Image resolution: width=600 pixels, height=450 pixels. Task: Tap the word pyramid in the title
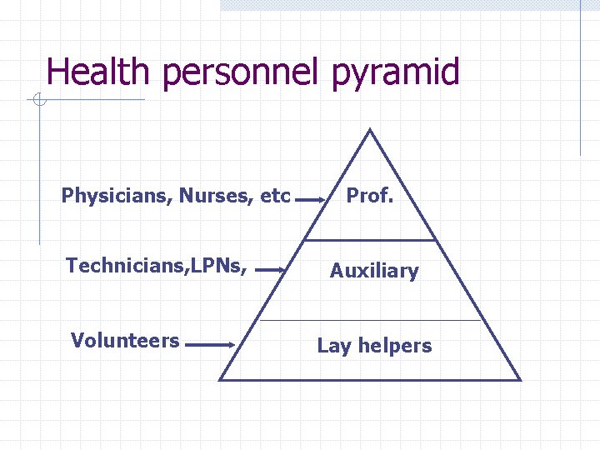[395, 73]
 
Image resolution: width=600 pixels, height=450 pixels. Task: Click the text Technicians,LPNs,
[156, 266]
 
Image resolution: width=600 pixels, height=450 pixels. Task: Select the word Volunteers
[125, 340]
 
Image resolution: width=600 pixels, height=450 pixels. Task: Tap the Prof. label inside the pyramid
[371, 197]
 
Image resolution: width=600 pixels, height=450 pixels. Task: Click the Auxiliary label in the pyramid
[374, 271]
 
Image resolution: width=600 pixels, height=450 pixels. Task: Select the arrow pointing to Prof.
[312, 200]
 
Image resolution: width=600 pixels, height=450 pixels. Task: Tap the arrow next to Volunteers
[210, 343]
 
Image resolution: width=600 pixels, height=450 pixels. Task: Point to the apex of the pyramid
[370, 130]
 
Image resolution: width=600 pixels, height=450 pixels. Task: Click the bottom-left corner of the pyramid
[220, 379]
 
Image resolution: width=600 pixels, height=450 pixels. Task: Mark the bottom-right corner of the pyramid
[520, 379]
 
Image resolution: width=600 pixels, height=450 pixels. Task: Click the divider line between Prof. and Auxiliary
[371, 240]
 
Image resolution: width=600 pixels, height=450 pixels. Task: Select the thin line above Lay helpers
[371, 320]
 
